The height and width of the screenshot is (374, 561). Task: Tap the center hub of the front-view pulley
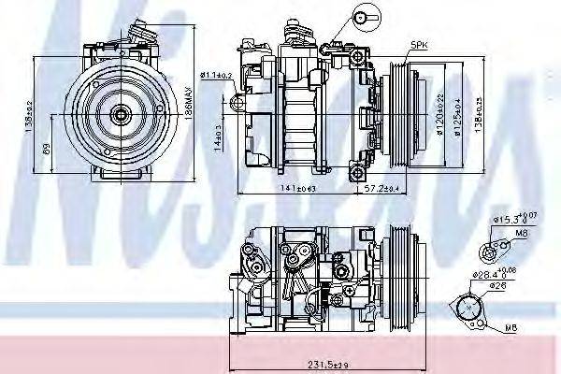[x=120, y=114]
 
